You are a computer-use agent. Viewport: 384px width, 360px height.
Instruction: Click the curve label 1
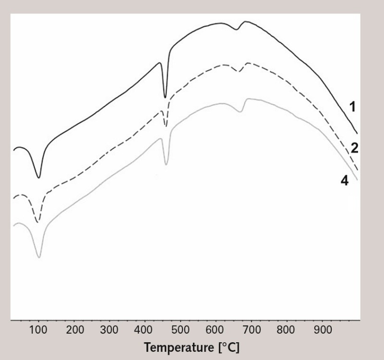(x=353, y=107)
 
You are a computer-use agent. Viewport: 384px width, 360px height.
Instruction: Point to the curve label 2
(x=355, y=147)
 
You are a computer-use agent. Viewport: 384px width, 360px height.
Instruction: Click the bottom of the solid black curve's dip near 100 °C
(x=39, y=178)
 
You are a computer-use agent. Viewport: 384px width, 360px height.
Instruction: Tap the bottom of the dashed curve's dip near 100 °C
(x=38, y=222)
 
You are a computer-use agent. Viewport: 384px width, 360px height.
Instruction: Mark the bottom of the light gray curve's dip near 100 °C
(x=39, y=257)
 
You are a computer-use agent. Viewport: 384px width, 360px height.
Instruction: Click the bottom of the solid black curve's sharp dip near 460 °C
(x=166, y=97)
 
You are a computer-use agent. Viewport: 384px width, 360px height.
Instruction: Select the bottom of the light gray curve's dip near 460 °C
(x=166, y=165)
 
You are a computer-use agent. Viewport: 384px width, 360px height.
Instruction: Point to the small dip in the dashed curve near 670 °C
(x=240, y=72)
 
